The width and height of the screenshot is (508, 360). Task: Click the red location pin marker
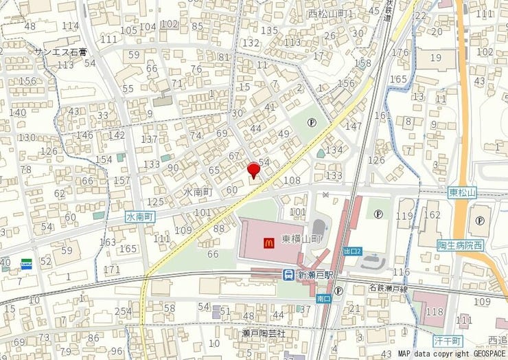253,170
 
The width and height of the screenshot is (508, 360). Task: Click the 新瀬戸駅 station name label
314,274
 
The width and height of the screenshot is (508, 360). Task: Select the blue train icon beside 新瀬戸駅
289,274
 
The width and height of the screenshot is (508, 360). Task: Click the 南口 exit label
324,299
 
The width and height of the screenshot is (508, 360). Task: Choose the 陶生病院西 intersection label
460,245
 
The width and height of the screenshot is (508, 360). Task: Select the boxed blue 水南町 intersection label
140,216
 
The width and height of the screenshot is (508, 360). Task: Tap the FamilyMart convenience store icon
26,262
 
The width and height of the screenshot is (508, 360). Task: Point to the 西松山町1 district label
330,14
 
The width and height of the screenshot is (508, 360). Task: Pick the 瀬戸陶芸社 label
263,333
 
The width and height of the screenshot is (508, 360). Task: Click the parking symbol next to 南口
338,291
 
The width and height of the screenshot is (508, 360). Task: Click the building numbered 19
436,58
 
